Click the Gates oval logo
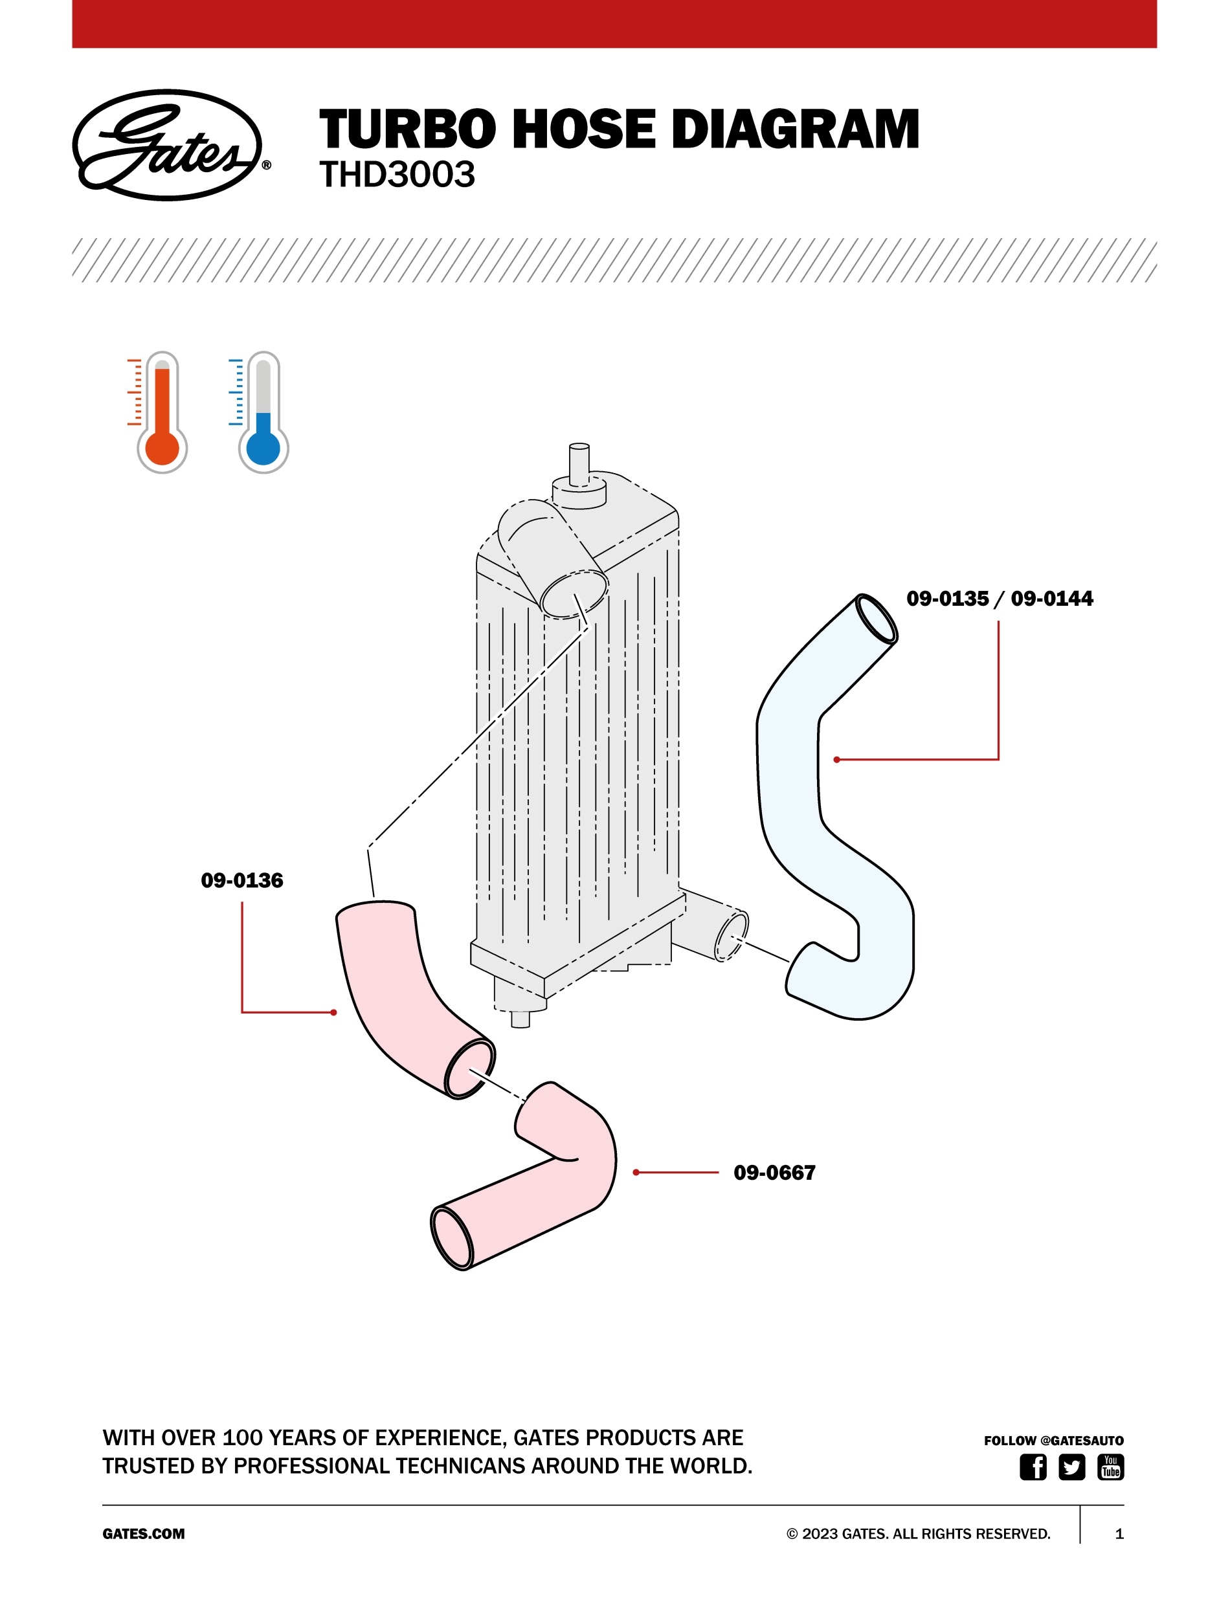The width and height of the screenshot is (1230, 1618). click(168, 145)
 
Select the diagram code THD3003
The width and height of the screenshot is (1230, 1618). click(397, 175)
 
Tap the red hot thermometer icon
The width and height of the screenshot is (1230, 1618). click(161, 414)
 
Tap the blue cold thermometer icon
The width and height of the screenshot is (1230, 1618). click(263, 414)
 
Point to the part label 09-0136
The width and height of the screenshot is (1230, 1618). click(241, 880)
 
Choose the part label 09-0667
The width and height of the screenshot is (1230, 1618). click(774, 1172)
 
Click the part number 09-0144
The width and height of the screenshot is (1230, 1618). click(1051, 599)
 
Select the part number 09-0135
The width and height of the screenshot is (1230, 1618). click(947, 599)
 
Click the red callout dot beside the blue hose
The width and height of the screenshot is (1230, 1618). click(837, 760)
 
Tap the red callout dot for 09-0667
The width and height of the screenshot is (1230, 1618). click(636, 1172)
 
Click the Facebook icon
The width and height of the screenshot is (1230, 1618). click(1033, 1467)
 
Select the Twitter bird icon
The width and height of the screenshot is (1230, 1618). click(1071, 1467)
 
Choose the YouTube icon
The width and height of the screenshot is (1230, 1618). click(1110, 1467)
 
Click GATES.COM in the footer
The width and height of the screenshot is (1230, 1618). click(144, 1534)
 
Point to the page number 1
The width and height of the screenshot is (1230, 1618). click(1119, 1534)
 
